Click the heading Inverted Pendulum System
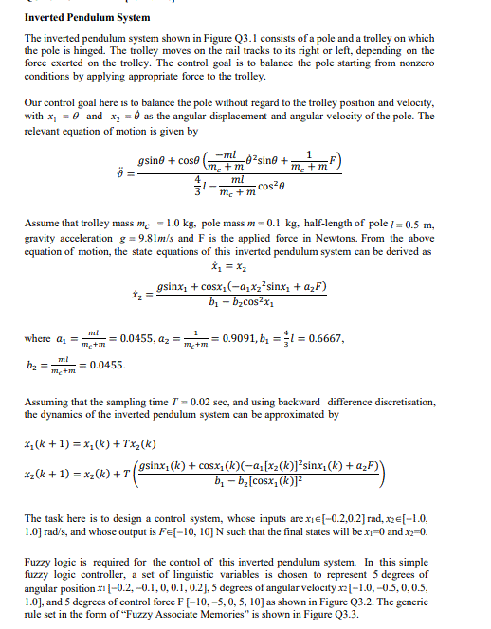87,18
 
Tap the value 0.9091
226,339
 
